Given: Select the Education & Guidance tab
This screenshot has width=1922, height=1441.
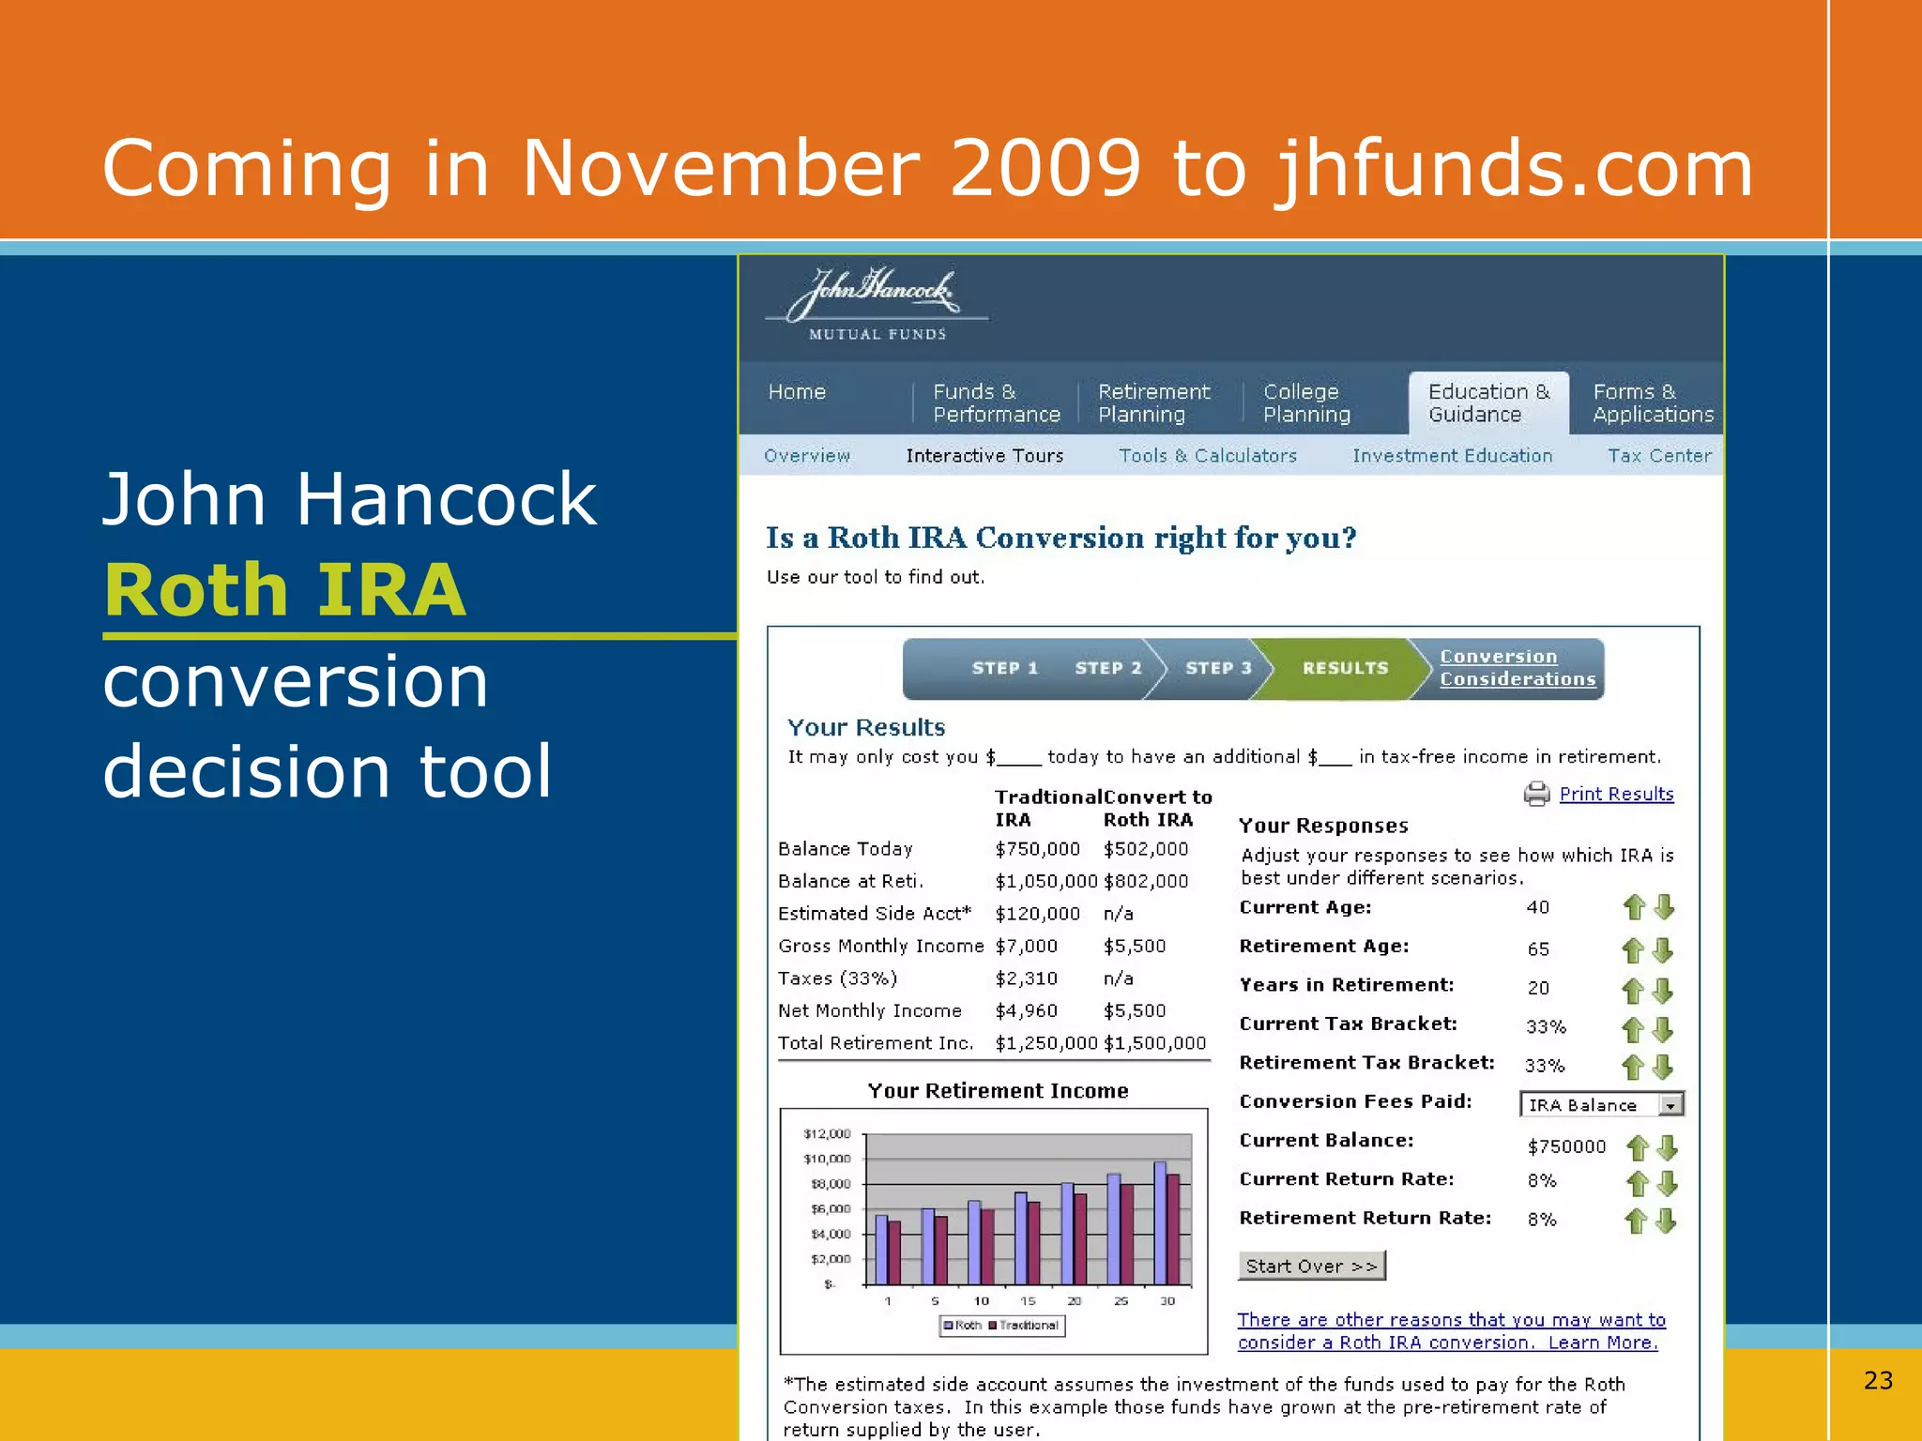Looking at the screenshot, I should [x=1488, y=403].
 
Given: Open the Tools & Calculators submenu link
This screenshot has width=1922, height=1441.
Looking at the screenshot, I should [x=1207, y=456].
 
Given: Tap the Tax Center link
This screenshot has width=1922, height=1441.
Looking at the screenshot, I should [x=1659, y=456].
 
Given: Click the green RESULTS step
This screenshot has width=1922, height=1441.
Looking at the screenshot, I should [x=1344, y=668].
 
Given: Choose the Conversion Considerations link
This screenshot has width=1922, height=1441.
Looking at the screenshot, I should [x=1517, y=668].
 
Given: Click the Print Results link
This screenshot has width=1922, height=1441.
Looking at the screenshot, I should [x=1616, y=795].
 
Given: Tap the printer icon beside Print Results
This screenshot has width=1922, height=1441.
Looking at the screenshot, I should [x=1536, y=795].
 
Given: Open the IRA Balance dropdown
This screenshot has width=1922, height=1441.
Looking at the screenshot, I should [x=1670, y=1105].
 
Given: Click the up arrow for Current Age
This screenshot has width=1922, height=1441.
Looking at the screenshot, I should [x=1634, y=907].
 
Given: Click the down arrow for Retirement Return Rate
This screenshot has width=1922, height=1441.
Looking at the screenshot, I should [x=1666, y=1221].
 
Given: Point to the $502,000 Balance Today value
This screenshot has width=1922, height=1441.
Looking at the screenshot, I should [x=1145, y=849].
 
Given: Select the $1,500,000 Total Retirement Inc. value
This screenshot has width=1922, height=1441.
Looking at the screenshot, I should [x=1154, y=1043].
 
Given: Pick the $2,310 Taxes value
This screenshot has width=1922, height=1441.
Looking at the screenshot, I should [x=1026, y=978].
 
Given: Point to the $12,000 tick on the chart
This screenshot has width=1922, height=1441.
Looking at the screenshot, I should [x=827, y=1134].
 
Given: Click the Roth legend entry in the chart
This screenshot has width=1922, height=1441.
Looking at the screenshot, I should [x=963, y=1326].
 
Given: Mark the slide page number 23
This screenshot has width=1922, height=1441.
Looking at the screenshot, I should [x=1878, y=1380].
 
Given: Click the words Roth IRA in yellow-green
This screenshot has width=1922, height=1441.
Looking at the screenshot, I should [x=285, y=591].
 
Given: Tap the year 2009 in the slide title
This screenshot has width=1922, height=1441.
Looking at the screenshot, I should [x=1045, y=169].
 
